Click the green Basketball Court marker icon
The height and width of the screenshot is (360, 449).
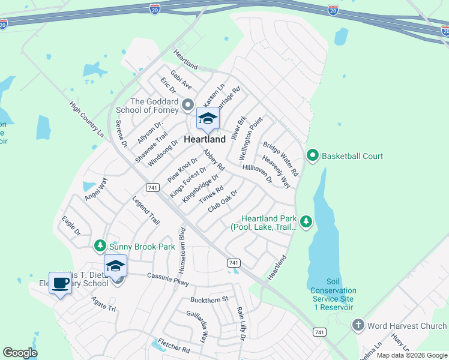312,156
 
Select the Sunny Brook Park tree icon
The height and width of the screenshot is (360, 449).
100,246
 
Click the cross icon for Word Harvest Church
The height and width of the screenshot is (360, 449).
358,326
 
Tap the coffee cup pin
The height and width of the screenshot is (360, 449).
60,283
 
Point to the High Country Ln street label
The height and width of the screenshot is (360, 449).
87,119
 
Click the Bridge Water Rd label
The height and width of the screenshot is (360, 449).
280,159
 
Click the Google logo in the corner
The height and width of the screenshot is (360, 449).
20,353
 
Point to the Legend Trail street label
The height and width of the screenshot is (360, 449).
146,211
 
